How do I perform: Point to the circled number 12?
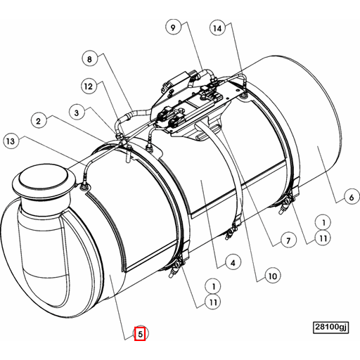[x=87, y=86]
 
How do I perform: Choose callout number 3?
[x=77, y=110]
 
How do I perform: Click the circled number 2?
[x=39, y=120]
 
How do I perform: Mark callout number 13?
[x=9, y=141]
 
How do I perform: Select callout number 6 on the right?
[x=349, y=198]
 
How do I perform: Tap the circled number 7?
[x=287, y=240]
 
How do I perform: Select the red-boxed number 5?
[x=140, y=334]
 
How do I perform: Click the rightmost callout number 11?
[x=323, y=238]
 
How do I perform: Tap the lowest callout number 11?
[x=212, y=303]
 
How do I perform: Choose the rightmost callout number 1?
[x=323, y=221]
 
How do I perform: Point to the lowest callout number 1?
[x=212, y=286]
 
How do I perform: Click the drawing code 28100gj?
[x=330, y=327]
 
